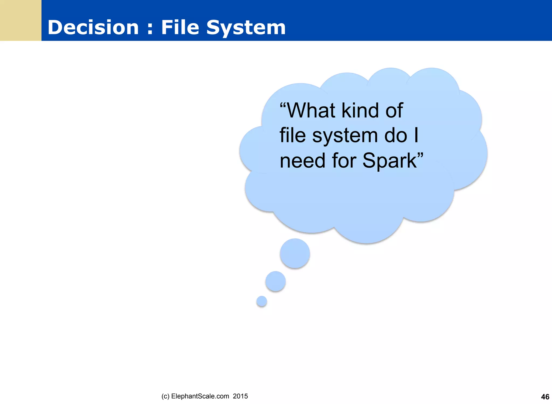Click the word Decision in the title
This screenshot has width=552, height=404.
click(x=93, y=27)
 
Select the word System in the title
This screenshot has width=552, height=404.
click(x=246, y=28)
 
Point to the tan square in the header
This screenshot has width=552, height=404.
click(x=20, y=20)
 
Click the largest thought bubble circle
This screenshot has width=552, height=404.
click(x=295, y=253)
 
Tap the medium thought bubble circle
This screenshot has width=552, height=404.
click(x=275, y=281)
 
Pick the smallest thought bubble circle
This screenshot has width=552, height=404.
click(x=262, y=301)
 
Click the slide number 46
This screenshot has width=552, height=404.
click(x=545, y=397)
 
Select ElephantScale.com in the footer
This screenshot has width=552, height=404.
click(x=200, y=396)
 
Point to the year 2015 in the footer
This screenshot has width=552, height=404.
click(x=240, y=396)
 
